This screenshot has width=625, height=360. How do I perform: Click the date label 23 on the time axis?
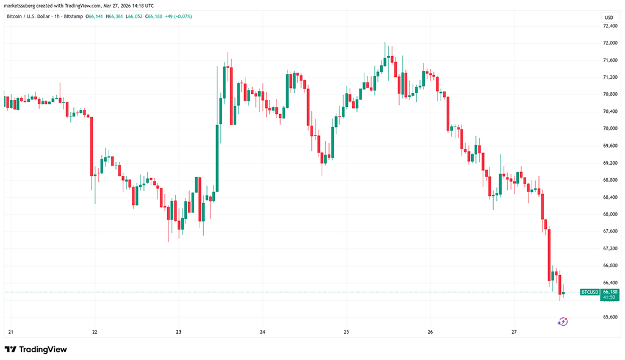tap(179, 332)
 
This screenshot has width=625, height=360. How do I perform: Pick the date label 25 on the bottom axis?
tap(346, 332)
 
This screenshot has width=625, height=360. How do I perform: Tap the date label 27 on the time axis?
tap(515, 332)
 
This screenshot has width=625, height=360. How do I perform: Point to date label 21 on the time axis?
tap(11, 332)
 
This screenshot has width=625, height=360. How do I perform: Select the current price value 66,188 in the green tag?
tap(610, 292)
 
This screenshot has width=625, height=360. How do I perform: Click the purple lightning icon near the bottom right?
tap(563, 321)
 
